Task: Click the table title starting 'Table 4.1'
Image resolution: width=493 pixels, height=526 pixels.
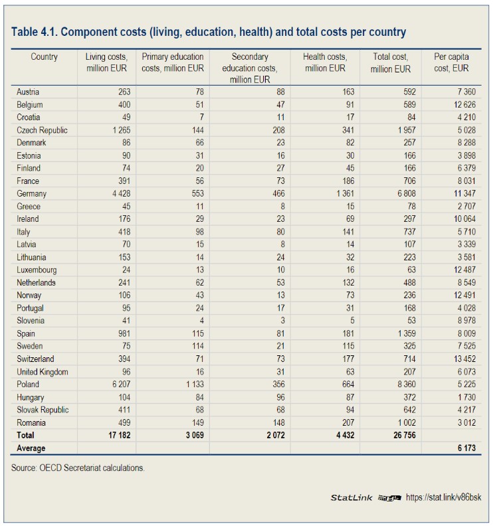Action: (209, 32)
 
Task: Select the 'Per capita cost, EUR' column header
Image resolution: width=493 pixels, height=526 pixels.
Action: (451, 62)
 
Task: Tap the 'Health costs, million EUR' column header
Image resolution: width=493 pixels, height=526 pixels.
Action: (324, 62)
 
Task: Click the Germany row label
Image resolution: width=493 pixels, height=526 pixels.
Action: (32, 193)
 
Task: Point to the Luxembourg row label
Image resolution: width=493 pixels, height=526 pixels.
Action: (37, 270)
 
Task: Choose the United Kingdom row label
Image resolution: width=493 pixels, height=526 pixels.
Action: (43, 372)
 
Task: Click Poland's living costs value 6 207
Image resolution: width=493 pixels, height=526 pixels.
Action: (118, 385)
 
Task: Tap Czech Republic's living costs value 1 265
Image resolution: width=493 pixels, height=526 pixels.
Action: (118, 130)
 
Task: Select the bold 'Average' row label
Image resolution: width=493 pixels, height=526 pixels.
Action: (31, 448)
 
